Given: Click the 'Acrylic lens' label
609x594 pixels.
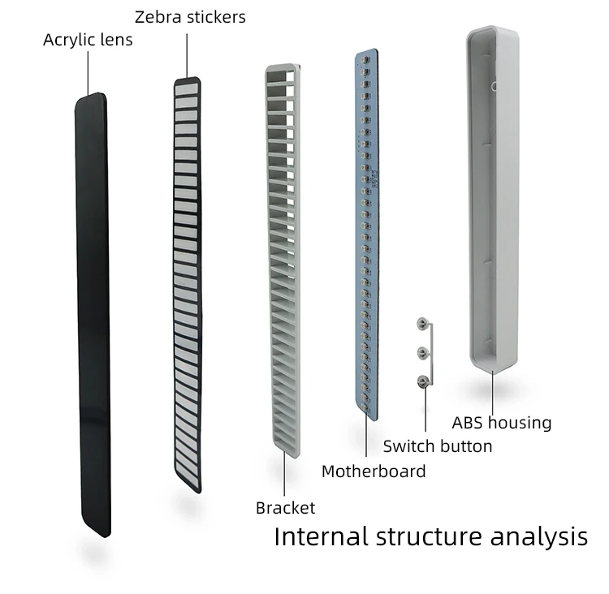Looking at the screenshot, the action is pyautogui.click(x=88, y=40).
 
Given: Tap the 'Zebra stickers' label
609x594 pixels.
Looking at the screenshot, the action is pyautogui.click(x=190, y=17).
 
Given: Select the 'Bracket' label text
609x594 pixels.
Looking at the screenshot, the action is pyautogui.click(x=286, y=508).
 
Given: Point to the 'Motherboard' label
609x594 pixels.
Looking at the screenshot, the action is pyautogui.click(x=374, y=471).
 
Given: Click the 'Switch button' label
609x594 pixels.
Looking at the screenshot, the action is pyautogui.click(x=438, y=446).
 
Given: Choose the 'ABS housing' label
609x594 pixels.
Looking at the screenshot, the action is pyautogui.click(x=502, y=423).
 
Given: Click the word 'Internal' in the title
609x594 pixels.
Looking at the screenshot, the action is pyautogui.click(x=322, y=536).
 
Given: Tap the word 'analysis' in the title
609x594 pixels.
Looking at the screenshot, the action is pyautogui.click(x=539, y=537).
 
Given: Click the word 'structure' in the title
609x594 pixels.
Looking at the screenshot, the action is pyautogui.click(x=430, y=537).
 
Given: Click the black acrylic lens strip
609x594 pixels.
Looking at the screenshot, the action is pyautogui.click(x=93, y=315).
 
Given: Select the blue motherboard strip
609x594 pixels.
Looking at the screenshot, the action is pyautogui.click(x=367, y=235).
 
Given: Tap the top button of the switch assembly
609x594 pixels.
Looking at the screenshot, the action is pyautogui.click(x=422, y=324).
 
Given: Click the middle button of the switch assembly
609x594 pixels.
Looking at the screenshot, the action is pyautogui.click(x=422, y=352).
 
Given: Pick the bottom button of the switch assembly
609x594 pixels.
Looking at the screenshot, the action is pyautogui.click(x=422, y=381).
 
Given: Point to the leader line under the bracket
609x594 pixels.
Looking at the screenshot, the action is pyautogui.click(x=284, y=474).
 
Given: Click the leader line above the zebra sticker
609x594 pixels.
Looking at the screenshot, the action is pyautogui.click(x=187, y=55).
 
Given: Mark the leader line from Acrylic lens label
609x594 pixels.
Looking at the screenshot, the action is pyautogui.click(x=89, y=72).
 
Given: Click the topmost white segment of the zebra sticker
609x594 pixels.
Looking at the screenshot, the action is pyautogui.click(x=188, y=89).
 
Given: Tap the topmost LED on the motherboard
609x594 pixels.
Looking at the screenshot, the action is pyautogui.click(x=365, y=60).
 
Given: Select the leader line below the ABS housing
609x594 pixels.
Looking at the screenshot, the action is pyautogui.click(x=493, y=394).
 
